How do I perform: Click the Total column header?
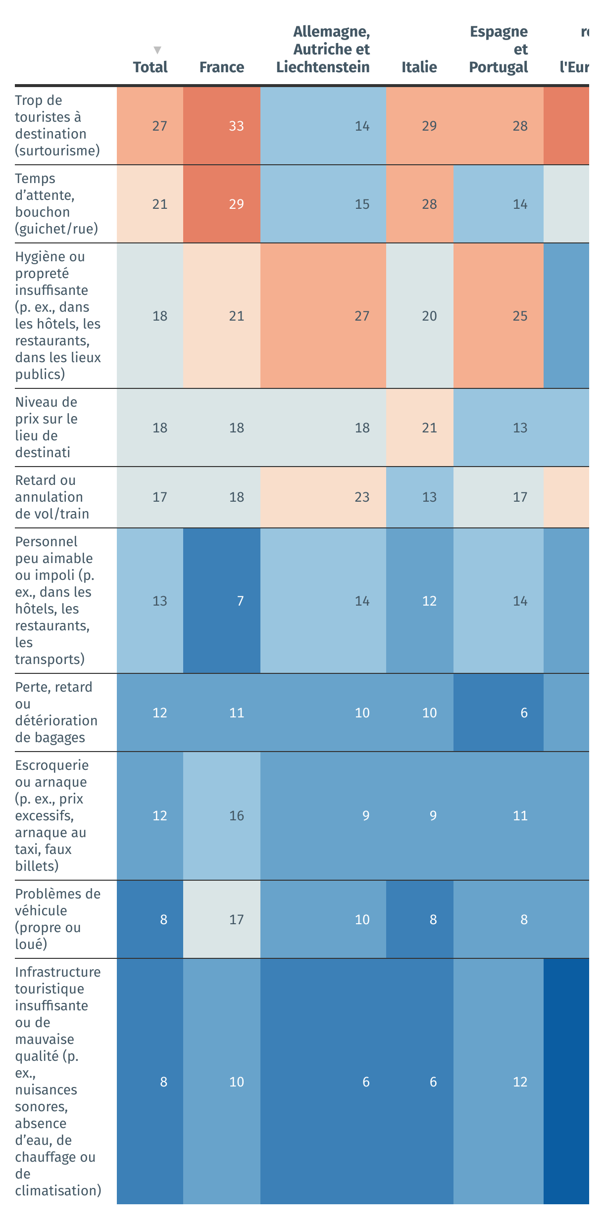[150, 67]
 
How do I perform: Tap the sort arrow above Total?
[157, 50]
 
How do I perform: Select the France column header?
[221, 67]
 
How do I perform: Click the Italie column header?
[419, 67]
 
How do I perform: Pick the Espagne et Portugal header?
[498, 49]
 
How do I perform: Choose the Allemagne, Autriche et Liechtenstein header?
[323, 49]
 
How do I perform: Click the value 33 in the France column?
[236, 126]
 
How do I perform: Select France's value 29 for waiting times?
[236, 204]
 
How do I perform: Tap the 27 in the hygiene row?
[362, 316]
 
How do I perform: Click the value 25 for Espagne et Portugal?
[520, 316]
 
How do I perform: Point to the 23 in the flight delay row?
[362, 497]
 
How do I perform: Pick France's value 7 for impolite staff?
[240, 601]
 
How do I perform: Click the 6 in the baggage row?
[524, 713]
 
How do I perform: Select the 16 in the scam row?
[236, 816]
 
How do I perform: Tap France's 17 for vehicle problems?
[236, 920]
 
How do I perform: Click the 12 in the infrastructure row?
[520, 1082]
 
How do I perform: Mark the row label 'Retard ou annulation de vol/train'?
[52, 497]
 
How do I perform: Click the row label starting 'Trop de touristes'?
[57, 126]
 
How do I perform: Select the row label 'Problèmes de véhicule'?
[57, 919]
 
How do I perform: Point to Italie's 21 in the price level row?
[429, 428]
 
